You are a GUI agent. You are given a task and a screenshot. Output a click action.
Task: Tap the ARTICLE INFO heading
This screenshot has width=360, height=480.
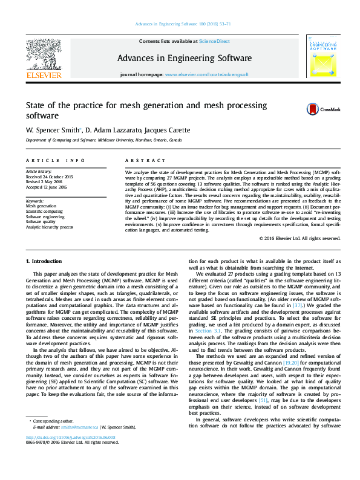55,161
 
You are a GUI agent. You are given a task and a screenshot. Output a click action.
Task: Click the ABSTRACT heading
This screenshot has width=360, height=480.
145,161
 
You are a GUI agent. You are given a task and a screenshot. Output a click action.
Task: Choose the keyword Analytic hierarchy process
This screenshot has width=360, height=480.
49,227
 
